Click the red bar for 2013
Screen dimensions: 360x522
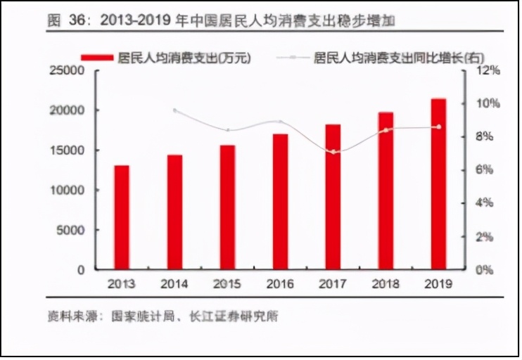(x=122, y=217)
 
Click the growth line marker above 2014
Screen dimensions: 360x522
(x=175, y=111)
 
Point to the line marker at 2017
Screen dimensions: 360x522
(x=333, y=152)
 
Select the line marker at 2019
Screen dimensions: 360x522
(x=439, y=127)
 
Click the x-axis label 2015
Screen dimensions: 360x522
(x=227, y=285)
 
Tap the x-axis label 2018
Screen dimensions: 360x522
(x=386, y=285)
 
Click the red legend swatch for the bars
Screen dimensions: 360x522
(x=97, y=56)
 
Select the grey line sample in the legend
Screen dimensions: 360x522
(x=293, y=56)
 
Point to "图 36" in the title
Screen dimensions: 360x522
(x=67, y=20)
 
